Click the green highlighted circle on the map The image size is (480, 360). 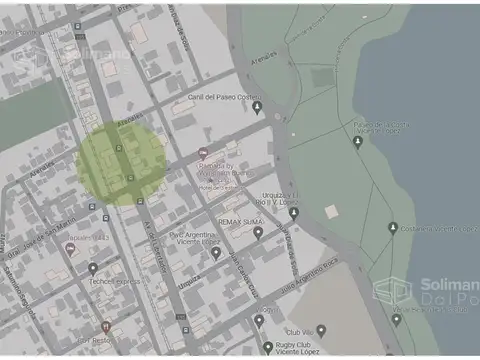pyautogui.click(x=122, y=164)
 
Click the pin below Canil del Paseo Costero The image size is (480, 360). pyautogui.click(x=257, y=108)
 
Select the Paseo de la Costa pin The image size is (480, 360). pyautogui.click(x=358, y=143)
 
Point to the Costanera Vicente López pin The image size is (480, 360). pyautogui.click(x=393, y=228)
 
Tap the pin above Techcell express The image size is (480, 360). pyautogui.click(x=92, y=268)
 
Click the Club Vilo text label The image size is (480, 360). pyautogui.click(x=299, y=330)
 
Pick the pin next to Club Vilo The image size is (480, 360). pyautogui.click(x=321, y=328)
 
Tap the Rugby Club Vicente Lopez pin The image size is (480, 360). pyautogui.click(x=268, y=347)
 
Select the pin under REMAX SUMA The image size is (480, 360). pyautogui.click(x=257, y=233)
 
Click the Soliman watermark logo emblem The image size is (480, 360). pyautogui.click(x=392, y=292)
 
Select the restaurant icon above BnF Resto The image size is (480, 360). pyautogui.click(x=107, y=327)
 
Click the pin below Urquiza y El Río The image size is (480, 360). pyautogui.click(x=294, y=212)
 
